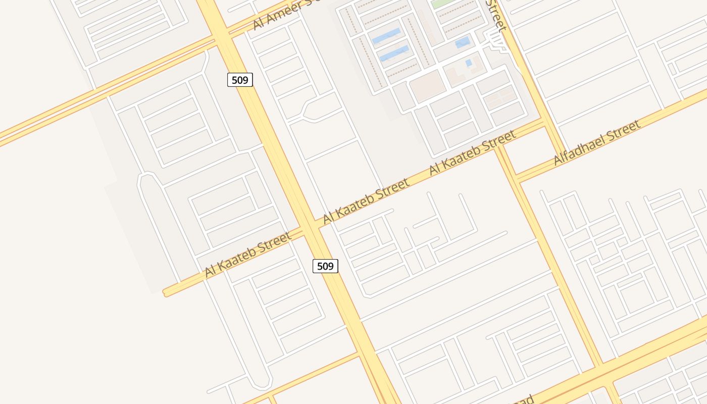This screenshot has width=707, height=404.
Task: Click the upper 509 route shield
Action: (x=240, y=80)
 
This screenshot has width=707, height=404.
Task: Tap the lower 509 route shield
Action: (x=325, y=266)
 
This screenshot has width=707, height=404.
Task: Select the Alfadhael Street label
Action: (x=597, y=142)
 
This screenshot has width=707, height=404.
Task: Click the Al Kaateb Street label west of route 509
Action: (x=248, y=255)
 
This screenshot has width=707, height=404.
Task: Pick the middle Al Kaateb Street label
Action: (x=366, y=201)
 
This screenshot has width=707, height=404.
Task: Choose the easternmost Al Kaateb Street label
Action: (x=472, y=153)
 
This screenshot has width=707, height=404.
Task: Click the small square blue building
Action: (x=469, y=63)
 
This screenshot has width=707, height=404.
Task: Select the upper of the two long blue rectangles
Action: (x=386, y=36)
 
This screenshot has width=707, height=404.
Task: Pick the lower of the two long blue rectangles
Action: (x=393, y=53)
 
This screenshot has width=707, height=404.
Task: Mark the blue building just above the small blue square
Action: (x=463, y=42)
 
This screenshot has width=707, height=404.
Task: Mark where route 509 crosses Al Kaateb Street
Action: (x=312, y=227)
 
